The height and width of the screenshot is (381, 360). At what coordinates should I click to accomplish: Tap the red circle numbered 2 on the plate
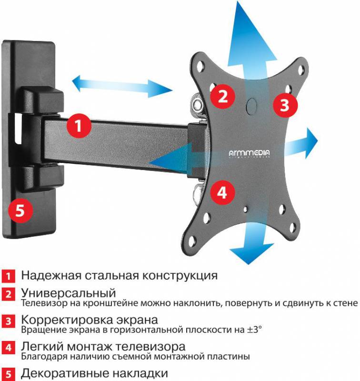click(x=223, y=96)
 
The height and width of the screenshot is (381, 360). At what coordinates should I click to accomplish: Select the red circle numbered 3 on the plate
click(x=284, y=105)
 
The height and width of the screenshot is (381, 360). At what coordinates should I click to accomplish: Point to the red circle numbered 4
click(x=222, y=192)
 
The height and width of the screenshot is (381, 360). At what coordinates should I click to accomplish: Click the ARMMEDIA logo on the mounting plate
click(x=248, y=153)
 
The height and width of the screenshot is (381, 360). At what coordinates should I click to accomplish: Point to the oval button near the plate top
click(x=251, y=106)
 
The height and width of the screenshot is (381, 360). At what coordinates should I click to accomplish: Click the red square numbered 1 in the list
click(x=9, y=276)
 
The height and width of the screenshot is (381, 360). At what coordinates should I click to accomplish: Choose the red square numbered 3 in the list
click(x=9, y=321)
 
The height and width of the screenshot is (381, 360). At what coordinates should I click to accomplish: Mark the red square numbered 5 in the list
click(x=9, y=373)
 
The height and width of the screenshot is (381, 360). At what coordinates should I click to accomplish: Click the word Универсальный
click(x=69, y=292)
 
